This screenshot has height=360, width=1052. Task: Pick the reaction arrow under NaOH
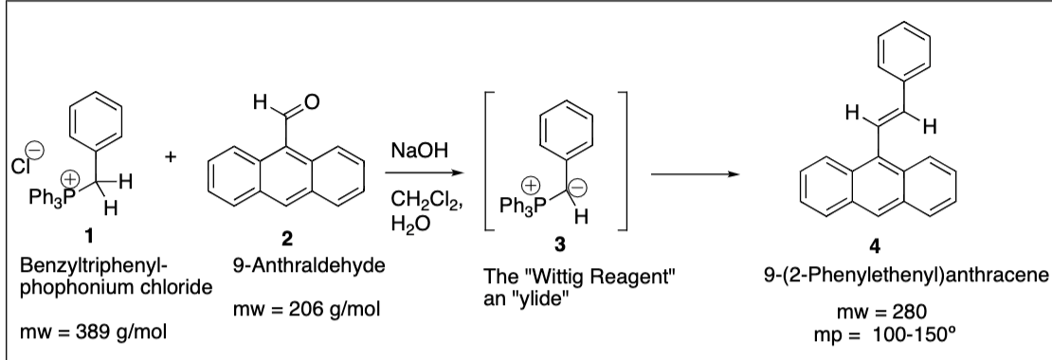point(419,174)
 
